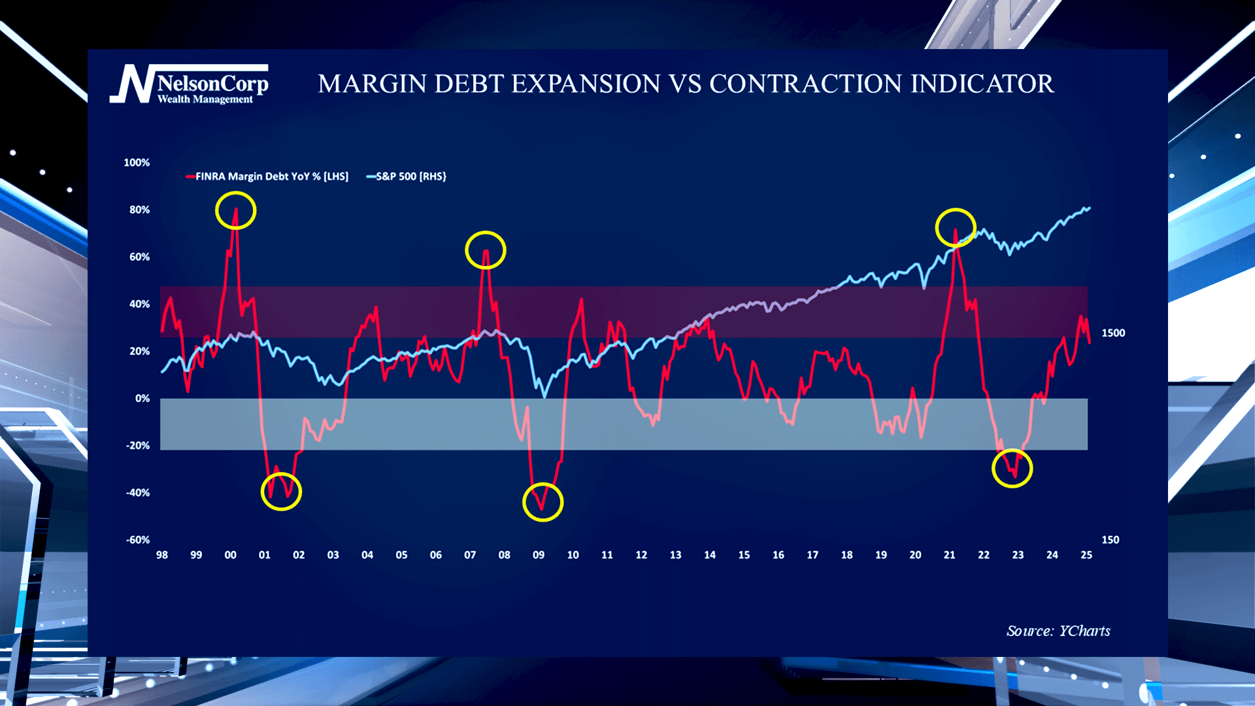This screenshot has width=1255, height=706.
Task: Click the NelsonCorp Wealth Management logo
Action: click(190, 85)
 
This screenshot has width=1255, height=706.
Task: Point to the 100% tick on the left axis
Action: click(137, 163)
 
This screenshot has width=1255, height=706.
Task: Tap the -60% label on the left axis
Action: click(138, 540)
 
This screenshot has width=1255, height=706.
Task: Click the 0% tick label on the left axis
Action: click(142, 399)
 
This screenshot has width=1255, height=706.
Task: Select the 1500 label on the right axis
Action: click(1113, 333)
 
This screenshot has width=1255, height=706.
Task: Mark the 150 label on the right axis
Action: click(1110, 540)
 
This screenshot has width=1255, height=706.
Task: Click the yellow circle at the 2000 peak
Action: click(235, 210)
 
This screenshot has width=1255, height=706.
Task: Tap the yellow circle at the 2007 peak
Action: click(485, 250)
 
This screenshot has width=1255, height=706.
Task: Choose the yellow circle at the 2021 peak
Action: click(955, 227)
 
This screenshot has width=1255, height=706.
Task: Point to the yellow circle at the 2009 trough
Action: click(543, 502)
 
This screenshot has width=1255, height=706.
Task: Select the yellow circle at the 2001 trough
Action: click(281, 492)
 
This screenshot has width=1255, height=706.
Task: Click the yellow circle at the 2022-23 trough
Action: click(1012, 468)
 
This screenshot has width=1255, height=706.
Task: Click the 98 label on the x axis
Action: click(162, 555)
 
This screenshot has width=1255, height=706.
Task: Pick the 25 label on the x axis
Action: click(1086, 555)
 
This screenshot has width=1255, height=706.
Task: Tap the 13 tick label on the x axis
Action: click(675, 555)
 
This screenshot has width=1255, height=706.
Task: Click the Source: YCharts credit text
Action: click(1058, 631)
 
